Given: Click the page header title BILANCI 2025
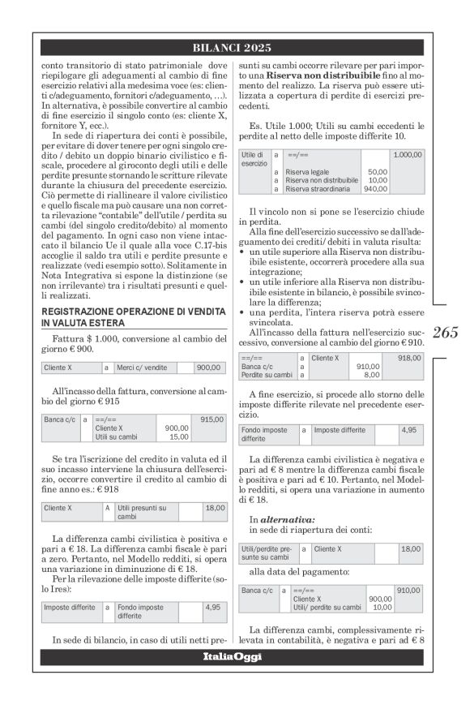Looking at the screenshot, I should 234,48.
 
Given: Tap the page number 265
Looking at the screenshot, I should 445,331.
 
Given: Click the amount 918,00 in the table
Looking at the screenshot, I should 407,357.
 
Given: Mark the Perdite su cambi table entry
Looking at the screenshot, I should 267,375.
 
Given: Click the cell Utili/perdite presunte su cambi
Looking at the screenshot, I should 267,553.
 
